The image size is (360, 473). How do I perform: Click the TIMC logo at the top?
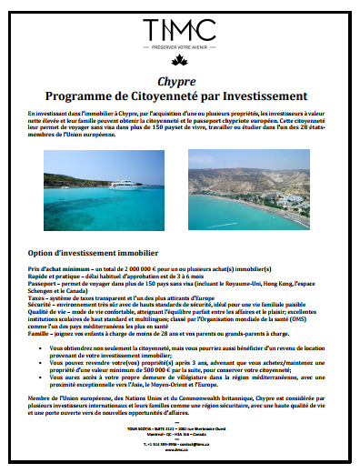[x=179, y=30]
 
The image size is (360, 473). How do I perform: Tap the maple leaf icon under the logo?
[x=179, y=65]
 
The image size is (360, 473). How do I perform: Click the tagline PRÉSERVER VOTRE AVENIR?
[x=179, y=51]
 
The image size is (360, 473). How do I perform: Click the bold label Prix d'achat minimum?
[x=55, y=271]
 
